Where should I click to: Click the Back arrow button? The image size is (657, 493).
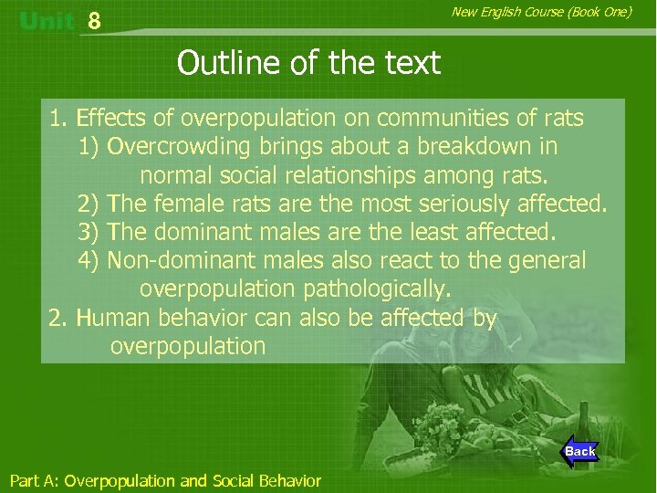tap(579, 451)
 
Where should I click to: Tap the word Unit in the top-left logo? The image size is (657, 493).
tap(46, 21)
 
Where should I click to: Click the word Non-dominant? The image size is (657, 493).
tap(182, 260)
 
